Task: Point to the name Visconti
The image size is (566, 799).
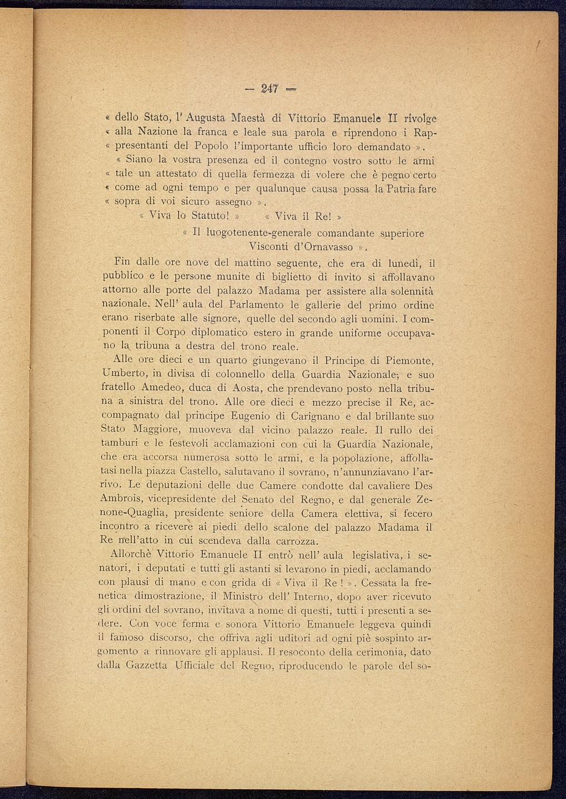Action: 269,246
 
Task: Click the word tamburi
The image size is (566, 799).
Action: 119,444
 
